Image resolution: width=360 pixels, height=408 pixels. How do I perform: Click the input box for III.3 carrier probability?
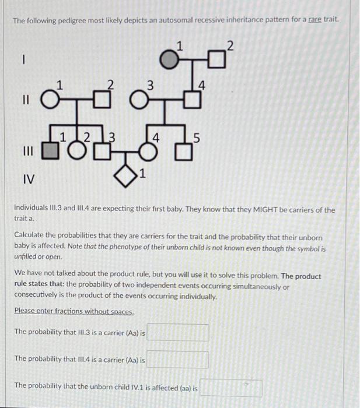[178, 333]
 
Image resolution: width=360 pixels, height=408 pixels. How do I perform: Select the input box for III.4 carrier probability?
[178, 360]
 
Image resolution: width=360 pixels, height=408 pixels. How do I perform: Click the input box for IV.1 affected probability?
[231, 387]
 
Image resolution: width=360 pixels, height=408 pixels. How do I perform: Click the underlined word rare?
[315, 20]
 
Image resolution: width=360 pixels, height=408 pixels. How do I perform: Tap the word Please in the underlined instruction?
[25, 311]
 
